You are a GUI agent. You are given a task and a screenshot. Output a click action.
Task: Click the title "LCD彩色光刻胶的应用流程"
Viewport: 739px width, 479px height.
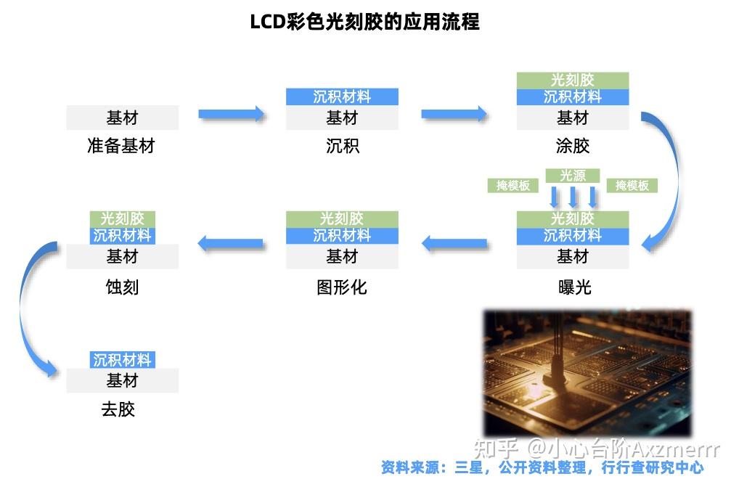[364, 22]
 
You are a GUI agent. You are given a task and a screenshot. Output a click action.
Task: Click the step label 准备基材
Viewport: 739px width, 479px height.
[121, 146]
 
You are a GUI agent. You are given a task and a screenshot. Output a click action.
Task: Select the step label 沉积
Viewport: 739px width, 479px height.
[342, 146]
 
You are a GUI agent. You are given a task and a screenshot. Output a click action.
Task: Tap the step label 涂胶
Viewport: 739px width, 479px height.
[572, 146]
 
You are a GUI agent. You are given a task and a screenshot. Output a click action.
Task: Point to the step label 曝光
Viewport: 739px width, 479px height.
[573, 287]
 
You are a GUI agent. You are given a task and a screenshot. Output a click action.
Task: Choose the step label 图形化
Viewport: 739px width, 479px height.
[342, 287]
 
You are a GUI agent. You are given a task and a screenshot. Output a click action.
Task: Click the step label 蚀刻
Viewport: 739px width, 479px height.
[122, 287]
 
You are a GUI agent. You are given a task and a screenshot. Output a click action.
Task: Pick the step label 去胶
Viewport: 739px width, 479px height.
[118, 409]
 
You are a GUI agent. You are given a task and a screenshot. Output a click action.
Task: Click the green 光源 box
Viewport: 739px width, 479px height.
[573, 176]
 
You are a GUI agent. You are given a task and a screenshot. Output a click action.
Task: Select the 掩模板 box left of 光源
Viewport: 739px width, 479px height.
[513, 186]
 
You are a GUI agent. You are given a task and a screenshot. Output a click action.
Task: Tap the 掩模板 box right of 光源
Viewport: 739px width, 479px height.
[632, 186]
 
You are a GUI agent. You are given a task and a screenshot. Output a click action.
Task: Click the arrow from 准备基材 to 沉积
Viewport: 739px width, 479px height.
[232, 114]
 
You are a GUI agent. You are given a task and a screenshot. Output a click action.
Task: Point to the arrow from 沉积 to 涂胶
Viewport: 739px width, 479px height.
[454, 114]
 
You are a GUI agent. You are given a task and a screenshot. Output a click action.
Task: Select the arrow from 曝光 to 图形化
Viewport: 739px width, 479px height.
[455, 244]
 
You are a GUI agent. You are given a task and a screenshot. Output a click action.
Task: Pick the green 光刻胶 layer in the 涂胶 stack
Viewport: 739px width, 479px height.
[572, 80]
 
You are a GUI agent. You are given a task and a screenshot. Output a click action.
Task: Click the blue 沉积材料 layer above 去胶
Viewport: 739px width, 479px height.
[122, 360]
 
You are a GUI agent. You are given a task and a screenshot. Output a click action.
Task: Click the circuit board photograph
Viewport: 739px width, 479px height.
[587, 372]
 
